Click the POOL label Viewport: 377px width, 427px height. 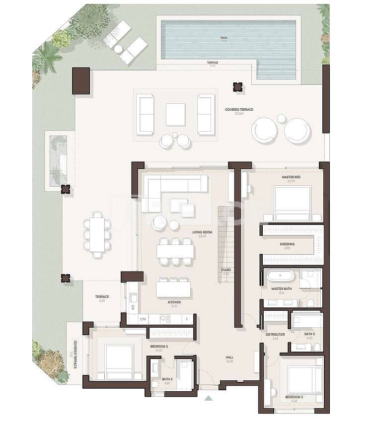point(223,37)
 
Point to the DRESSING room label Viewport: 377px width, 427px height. point(287,244)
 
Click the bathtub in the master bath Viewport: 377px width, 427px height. point(280,276)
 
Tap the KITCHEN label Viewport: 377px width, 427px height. point(174,302)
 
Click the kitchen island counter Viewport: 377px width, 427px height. point(173,289)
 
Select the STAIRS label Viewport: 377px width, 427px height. point(226,270)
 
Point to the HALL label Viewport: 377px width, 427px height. point(229,356)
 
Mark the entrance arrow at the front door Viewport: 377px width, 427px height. point(208,398)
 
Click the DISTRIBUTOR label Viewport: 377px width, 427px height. point(275,334)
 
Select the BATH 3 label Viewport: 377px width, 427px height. point(167,379)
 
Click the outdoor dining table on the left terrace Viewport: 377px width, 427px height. point(97,235)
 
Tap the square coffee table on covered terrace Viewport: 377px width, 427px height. point(175,114)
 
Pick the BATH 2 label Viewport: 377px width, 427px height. point(309,334)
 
